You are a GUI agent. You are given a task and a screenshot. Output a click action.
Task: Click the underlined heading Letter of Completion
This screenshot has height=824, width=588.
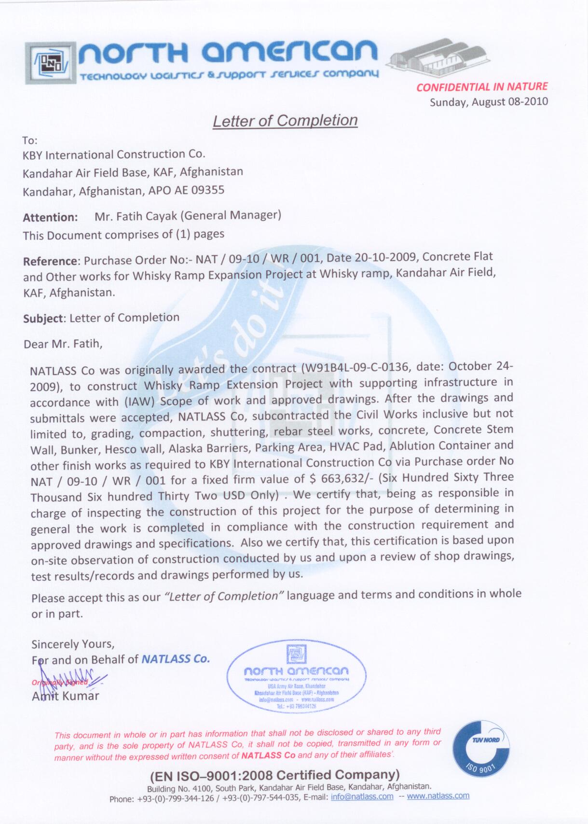click(285, 121)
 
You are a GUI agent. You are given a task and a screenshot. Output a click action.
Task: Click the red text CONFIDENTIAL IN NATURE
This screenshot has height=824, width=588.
click(482, 87)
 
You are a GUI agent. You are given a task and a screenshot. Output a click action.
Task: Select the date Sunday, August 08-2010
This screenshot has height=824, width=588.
click(489, 102)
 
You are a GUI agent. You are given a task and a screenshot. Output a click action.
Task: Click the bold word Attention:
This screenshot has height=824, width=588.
click(50, 218)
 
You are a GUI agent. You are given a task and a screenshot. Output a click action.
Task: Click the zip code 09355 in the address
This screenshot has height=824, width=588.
click(208, 190)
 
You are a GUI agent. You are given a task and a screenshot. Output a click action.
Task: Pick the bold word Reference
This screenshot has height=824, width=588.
click(50, 261)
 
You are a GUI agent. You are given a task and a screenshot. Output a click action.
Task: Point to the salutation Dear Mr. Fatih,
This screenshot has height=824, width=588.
click(63, 344)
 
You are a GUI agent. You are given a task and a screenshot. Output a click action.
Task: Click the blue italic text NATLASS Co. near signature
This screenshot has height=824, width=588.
click(176, 659)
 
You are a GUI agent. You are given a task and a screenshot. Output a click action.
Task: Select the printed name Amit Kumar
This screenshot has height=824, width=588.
click(66, 696)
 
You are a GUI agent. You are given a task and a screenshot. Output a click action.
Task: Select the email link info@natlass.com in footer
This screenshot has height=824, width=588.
click(362, 796)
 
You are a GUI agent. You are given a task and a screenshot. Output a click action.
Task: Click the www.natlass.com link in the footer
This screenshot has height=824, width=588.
click(438, 796)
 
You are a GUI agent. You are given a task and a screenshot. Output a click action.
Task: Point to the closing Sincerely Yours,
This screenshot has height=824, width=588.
click(73, 644)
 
